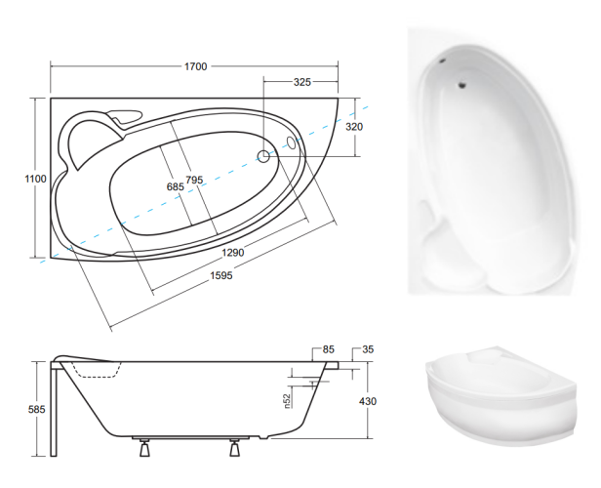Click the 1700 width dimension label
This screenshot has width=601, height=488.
[196, 66]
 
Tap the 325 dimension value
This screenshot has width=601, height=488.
[302, 82]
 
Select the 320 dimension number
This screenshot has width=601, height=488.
[354, 127]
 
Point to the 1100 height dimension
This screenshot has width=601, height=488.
[36, 179]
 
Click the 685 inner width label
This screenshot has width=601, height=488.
[176, 187]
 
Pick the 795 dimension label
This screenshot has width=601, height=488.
[194, 180]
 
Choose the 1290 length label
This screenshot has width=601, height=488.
[232, 253]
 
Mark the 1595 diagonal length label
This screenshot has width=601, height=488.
[221, 275]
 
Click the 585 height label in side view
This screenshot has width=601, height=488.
[37, 409]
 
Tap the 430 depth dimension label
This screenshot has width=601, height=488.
[368, 401]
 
